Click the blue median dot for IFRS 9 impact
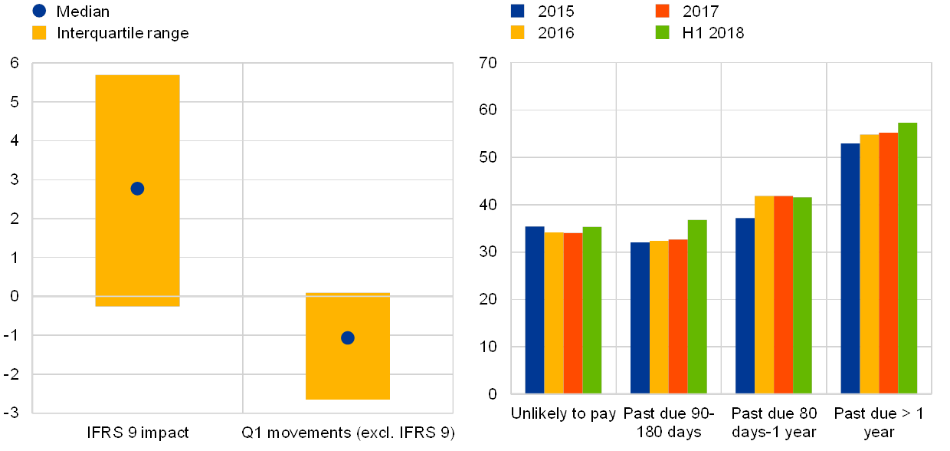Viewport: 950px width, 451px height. [137, 189]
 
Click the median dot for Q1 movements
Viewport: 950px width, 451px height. [347, 337]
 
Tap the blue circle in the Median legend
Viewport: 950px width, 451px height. [40, 11]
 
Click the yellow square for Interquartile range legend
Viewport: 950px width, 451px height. [40, 33]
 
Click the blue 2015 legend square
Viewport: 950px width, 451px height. [517, 11]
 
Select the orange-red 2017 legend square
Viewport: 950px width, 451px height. [663, 11]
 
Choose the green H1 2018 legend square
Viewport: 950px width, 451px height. [663, 32]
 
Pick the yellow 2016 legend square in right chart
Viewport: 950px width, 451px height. [517, 32]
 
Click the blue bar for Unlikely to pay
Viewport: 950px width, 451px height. [535, 310]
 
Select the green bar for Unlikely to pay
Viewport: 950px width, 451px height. [592, 310]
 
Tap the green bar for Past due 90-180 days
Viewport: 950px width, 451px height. [697, 307]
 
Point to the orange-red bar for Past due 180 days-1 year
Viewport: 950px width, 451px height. [783, 295]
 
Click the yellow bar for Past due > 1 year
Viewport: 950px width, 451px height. [869, 264]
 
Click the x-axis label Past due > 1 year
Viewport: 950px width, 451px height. [878, 423]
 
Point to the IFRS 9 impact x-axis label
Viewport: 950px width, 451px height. [146, 433]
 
